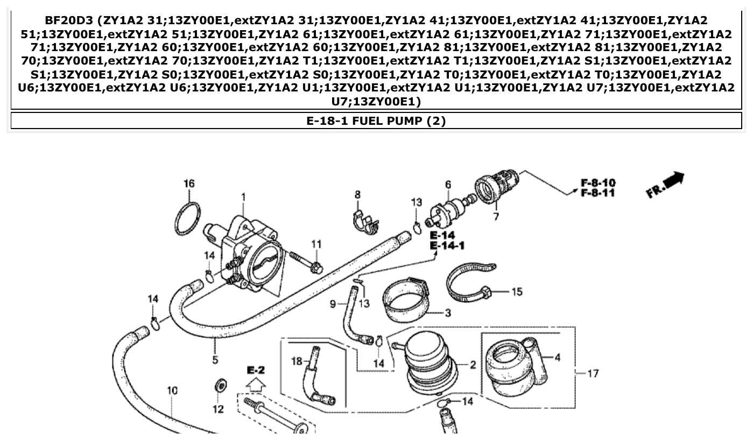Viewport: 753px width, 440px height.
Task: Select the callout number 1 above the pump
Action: [x=243, y=198]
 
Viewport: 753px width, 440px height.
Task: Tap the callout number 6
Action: [x=448, y=185]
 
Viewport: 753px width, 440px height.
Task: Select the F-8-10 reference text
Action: [x=597, y=183]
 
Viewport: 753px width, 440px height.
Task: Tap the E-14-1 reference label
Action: [x=447, y=246]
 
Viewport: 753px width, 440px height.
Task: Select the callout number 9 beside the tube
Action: [x=333, y=304]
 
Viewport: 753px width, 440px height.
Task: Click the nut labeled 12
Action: [x=220, y=386]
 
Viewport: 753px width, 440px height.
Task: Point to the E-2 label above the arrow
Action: [x=256, y=370]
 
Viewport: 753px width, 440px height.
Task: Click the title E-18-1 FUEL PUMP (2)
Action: [x=376, y=120]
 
